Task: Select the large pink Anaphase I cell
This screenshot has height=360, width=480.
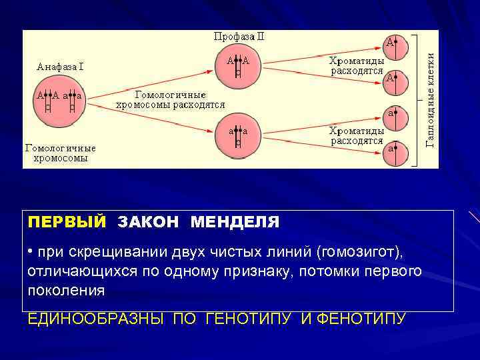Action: click(60, 107)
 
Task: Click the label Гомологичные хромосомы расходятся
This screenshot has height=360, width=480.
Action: click(170, 100)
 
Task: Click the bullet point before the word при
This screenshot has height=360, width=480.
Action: click(31, 252)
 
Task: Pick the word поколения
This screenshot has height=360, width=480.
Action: click(66, 291)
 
